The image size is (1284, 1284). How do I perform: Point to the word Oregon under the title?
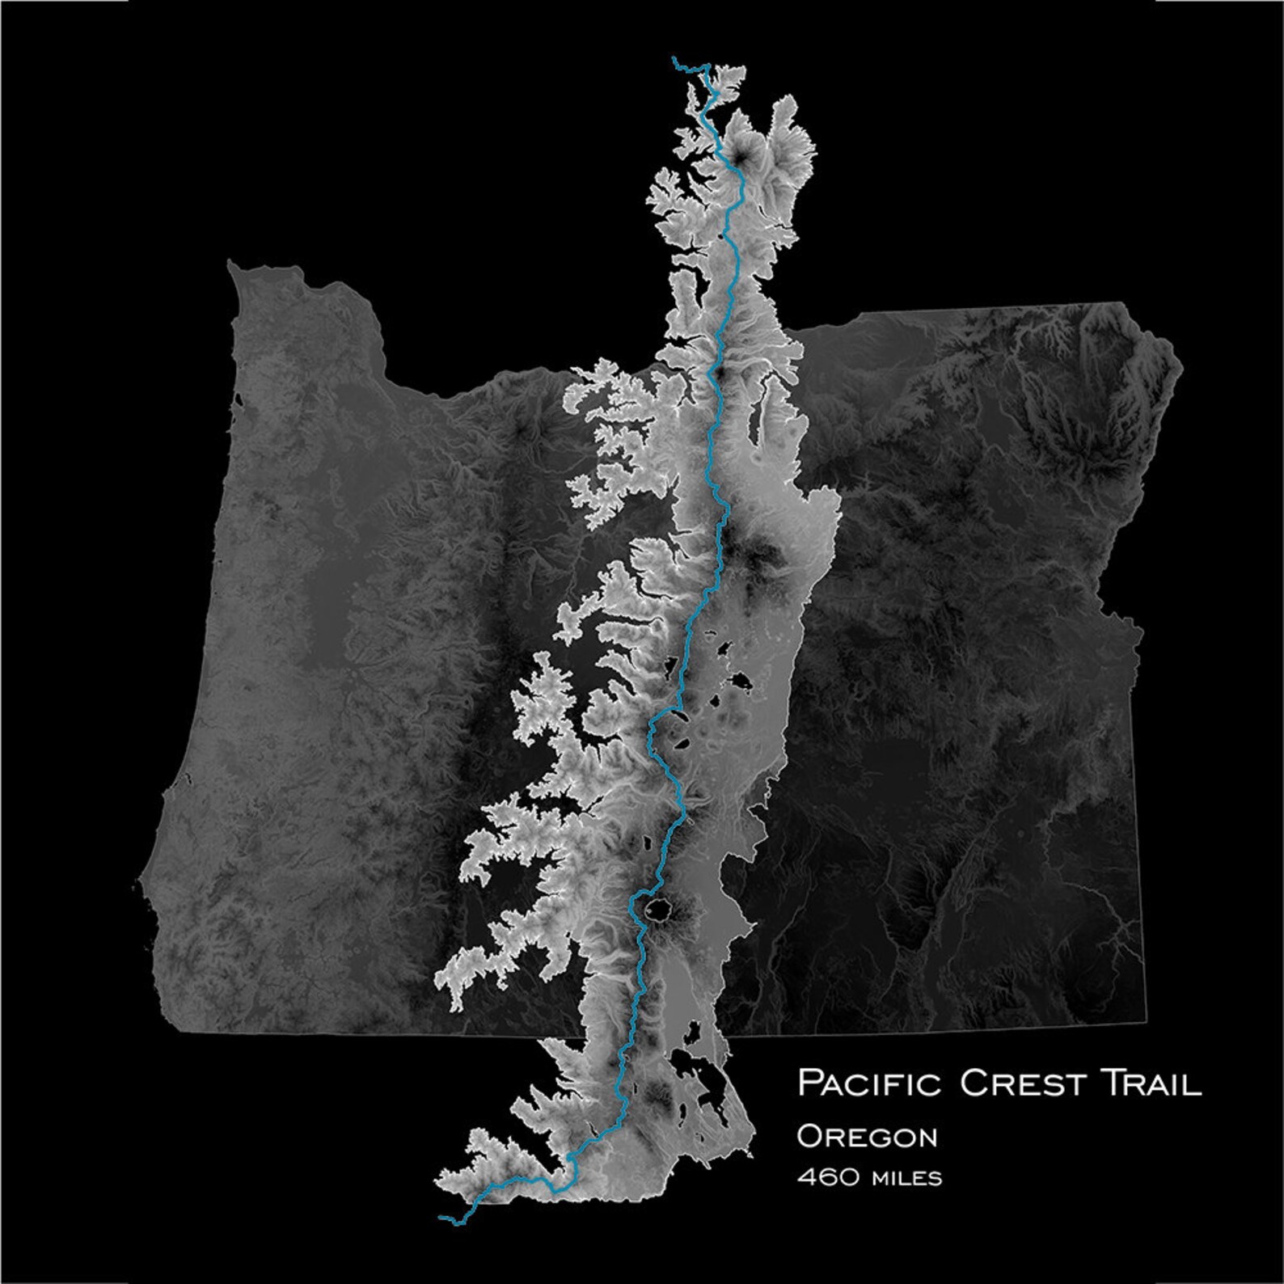[867, 1136]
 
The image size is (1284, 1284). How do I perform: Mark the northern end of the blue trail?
[674, 58]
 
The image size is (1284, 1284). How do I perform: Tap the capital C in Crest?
[974, 1083]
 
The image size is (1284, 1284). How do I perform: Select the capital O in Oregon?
[809, 1136]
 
